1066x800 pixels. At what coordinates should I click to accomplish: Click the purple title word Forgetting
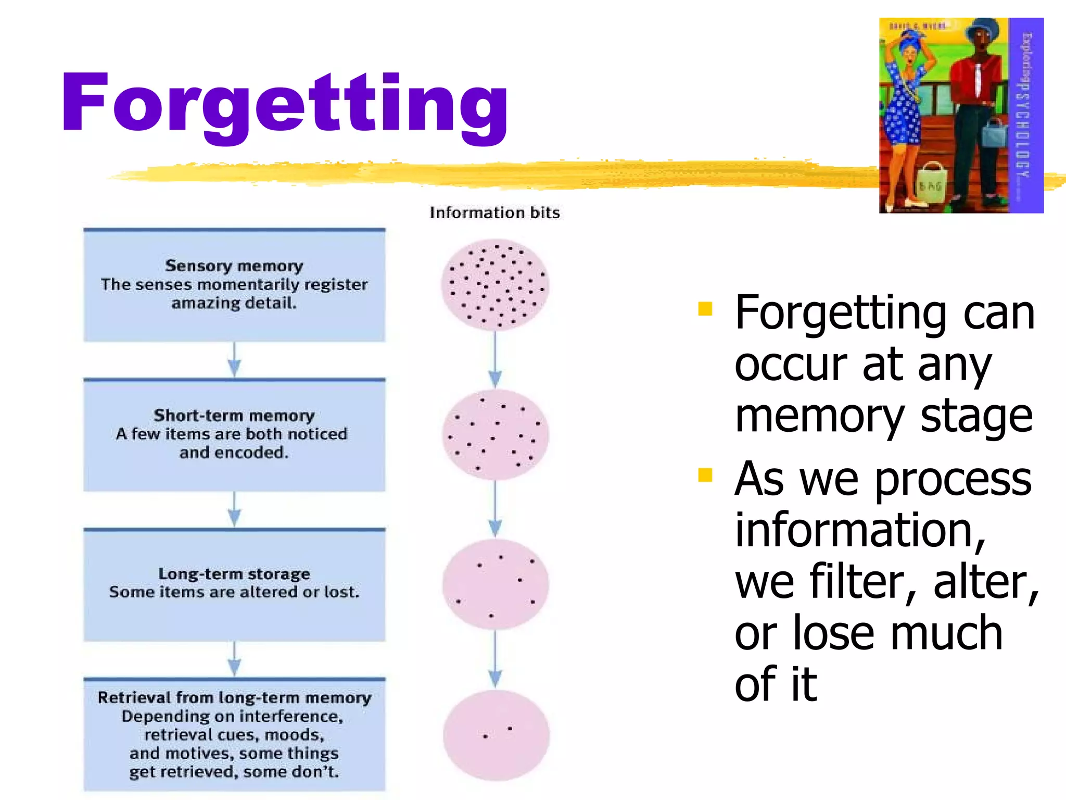(x=284, y=104)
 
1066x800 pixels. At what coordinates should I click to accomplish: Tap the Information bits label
(x=494, y=213)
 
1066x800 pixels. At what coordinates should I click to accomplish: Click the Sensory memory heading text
(x=234, y=266)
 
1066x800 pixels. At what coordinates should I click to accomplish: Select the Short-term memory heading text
(x=234, y=415)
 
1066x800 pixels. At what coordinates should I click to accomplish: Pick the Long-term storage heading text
(x=234, y=573)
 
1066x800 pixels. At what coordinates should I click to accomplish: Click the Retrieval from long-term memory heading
(x=234, y=697)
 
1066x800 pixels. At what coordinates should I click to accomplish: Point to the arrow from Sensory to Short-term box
(x=234, y=360)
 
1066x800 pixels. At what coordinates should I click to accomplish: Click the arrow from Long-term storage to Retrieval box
(x=234, y=659)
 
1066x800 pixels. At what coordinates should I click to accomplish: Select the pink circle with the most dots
(x=495, y=285)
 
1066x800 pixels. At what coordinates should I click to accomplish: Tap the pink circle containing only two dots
(x=496, y=734)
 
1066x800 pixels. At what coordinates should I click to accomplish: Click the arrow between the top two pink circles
(x=495, y=360)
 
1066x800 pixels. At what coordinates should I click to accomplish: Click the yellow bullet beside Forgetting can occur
(x=705, y=309)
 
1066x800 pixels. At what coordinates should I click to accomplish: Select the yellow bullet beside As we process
(x=705, y=475)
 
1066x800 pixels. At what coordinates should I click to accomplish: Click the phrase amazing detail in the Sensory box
(x=234, y=303)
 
